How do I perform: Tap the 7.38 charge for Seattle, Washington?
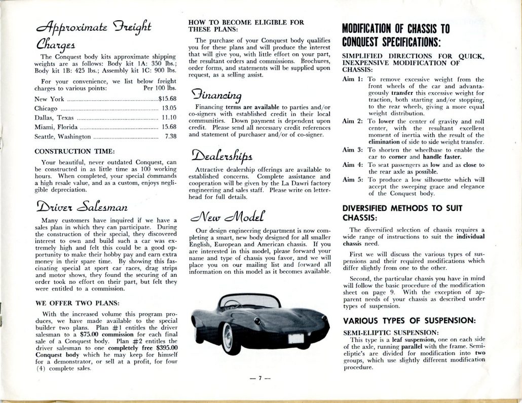(170, 136)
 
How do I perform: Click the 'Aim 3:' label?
(353, 151)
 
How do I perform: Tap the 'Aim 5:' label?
(353, 179)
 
